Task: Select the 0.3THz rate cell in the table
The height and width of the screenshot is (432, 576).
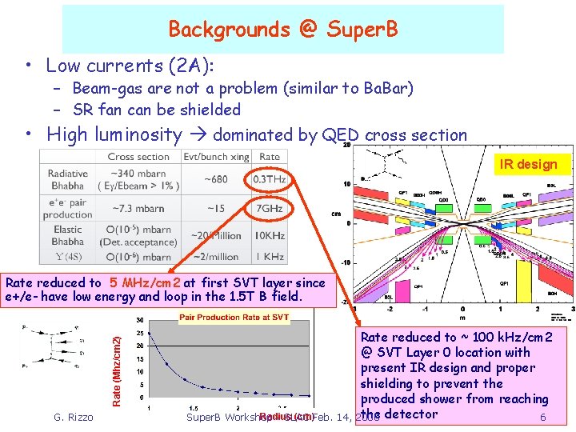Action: click(x=270, y=178)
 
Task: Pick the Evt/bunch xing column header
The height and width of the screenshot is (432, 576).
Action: click(x=217, y=157)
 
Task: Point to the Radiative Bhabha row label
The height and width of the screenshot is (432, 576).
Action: click(x=68, y=180)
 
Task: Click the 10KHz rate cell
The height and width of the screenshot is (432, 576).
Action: click(x=270, y=236)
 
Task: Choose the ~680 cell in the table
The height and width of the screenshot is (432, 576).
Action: click(x=217, y=178)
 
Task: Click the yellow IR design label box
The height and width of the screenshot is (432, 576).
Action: click(x=528, y=164)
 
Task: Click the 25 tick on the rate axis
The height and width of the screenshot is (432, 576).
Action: click(x=140, y=333)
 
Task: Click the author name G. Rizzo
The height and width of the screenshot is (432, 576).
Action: click(x=73, y=417)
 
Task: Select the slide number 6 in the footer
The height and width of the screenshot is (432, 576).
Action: click(x=543, y=417)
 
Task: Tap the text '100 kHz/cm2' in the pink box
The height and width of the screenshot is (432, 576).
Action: click(x=511, y=337)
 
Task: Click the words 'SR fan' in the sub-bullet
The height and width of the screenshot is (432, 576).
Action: click(x=98, y=110)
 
